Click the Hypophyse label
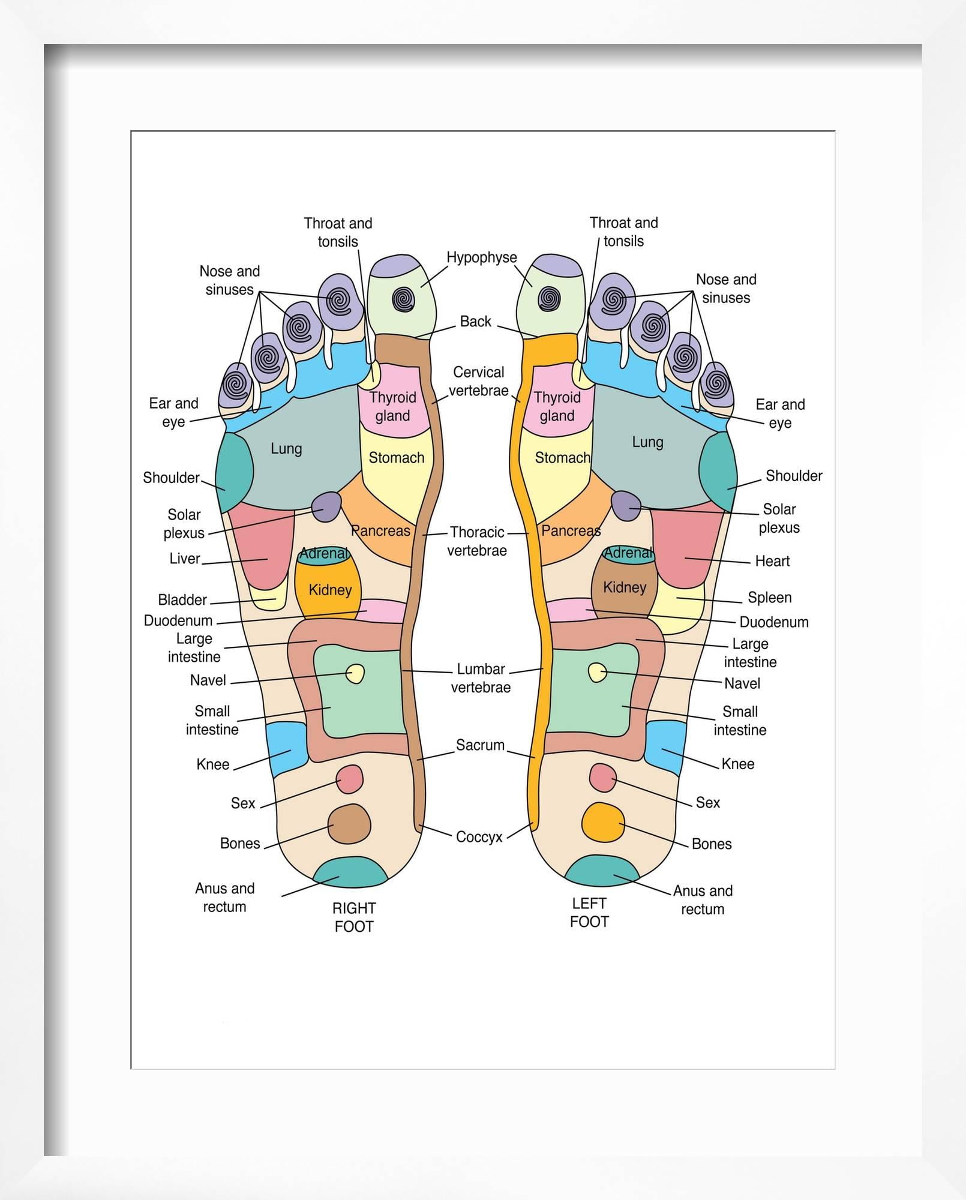pyautogui.click(x=481, y=257)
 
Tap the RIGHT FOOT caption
pyautogui.click(x=354, y=917)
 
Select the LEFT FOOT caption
pyautogui.click(x=589, y=912)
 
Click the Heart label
pyautogui.click(x=772, y=561)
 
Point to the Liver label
pyautogui.click(x=184, y=559)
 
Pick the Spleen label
pyautogui.click(x=769, y=598)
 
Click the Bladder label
pyautogui.click(x=182, y=600)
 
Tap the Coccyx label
pyautogui.click(x=479, y=837)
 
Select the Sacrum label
pyautogui.click(x=480, y=745)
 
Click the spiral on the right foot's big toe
pyautogui.click(x=403, y=299)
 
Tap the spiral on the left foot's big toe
pyautogui.click(x=549, y=298)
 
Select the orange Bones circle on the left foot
pyautogui.click(x=603, y=822)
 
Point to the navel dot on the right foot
pyautogui.click(x=355, y=673)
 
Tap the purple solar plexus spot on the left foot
pyautogui.click(x=626, y=505)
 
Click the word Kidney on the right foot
pyautogui.click(x=330, y=590)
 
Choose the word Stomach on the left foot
pyautogui.click(x=562, y=458)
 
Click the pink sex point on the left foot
pyautogui.click(x=603, y=778)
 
